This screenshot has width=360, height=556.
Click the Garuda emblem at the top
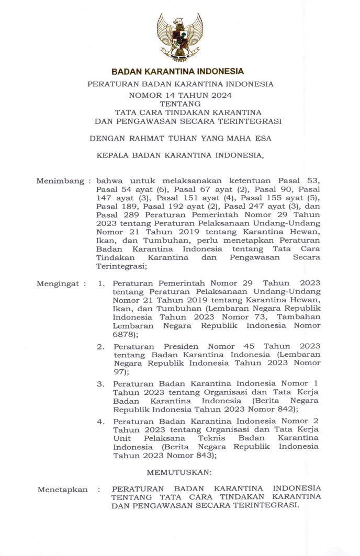coord(179,37)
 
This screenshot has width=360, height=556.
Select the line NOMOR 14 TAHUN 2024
coord(180,95)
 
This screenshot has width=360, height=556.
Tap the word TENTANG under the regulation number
coord(180,104)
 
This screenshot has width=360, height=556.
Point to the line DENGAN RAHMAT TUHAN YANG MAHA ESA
coord(180,139)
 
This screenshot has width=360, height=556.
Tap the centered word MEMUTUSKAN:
coord(179,472)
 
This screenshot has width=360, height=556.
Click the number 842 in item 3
coord(278,409)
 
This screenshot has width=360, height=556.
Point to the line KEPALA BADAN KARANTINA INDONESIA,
coord(180,155)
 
